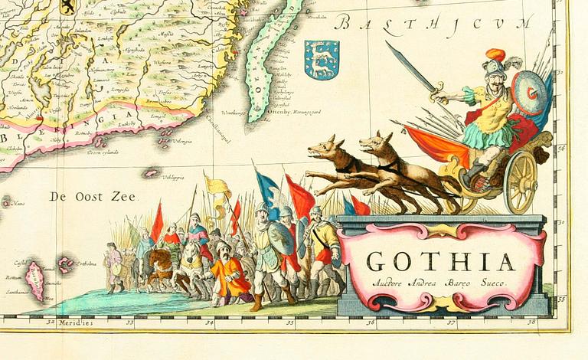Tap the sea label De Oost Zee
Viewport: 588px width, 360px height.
(x=93, y=197)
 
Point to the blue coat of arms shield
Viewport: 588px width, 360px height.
(x=322, y=60)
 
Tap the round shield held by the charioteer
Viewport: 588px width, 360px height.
(x=528, y=93)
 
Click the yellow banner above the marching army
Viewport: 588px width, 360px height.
(x=217, y=187)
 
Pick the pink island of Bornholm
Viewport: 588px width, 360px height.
(x=35, y=280)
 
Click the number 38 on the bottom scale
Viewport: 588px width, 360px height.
(x=531, y=322)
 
